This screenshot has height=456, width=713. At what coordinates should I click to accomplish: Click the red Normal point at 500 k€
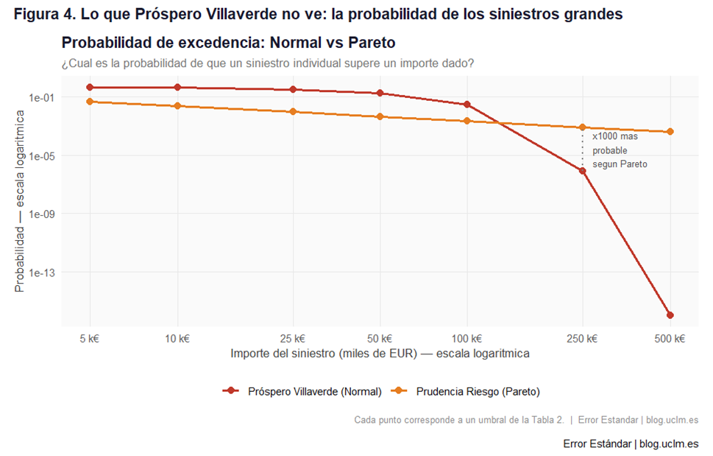[x=670, y=315]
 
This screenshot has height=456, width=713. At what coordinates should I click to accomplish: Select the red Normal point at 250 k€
[x=582, y=171]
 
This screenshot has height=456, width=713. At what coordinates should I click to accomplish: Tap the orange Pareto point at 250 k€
[x=582, y=127]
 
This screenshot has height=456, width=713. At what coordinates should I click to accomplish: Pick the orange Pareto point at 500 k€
[x=670, y=132]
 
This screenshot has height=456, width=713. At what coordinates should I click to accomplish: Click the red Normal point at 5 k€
[x=90, y=88]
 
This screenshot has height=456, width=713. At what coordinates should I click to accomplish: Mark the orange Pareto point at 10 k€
[x=177, y=106]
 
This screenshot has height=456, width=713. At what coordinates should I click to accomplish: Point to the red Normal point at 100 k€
[x=467, y=105]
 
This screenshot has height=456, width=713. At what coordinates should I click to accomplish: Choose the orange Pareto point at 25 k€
[x=293, y=111]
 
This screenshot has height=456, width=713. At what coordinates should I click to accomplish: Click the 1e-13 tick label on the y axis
[x=41, y=273]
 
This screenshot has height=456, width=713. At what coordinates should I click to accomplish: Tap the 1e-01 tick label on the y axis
[x=41, y=97]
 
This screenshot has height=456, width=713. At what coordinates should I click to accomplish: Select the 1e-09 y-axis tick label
[x=41, y=214]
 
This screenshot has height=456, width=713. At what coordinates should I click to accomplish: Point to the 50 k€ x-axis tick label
[x=380, y=339]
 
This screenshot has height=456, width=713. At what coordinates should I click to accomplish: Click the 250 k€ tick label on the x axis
[x=582, y=339]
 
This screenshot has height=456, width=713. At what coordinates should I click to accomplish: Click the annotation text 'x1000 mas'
[x=615, y=137]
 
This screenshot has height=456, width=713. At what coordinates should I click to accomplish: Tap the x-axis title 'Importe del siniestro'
[x=380, y=354]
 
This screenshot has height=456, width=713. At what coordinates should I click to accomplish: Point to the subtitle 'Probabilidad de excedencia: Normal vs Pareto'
[x=229, y=43]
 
